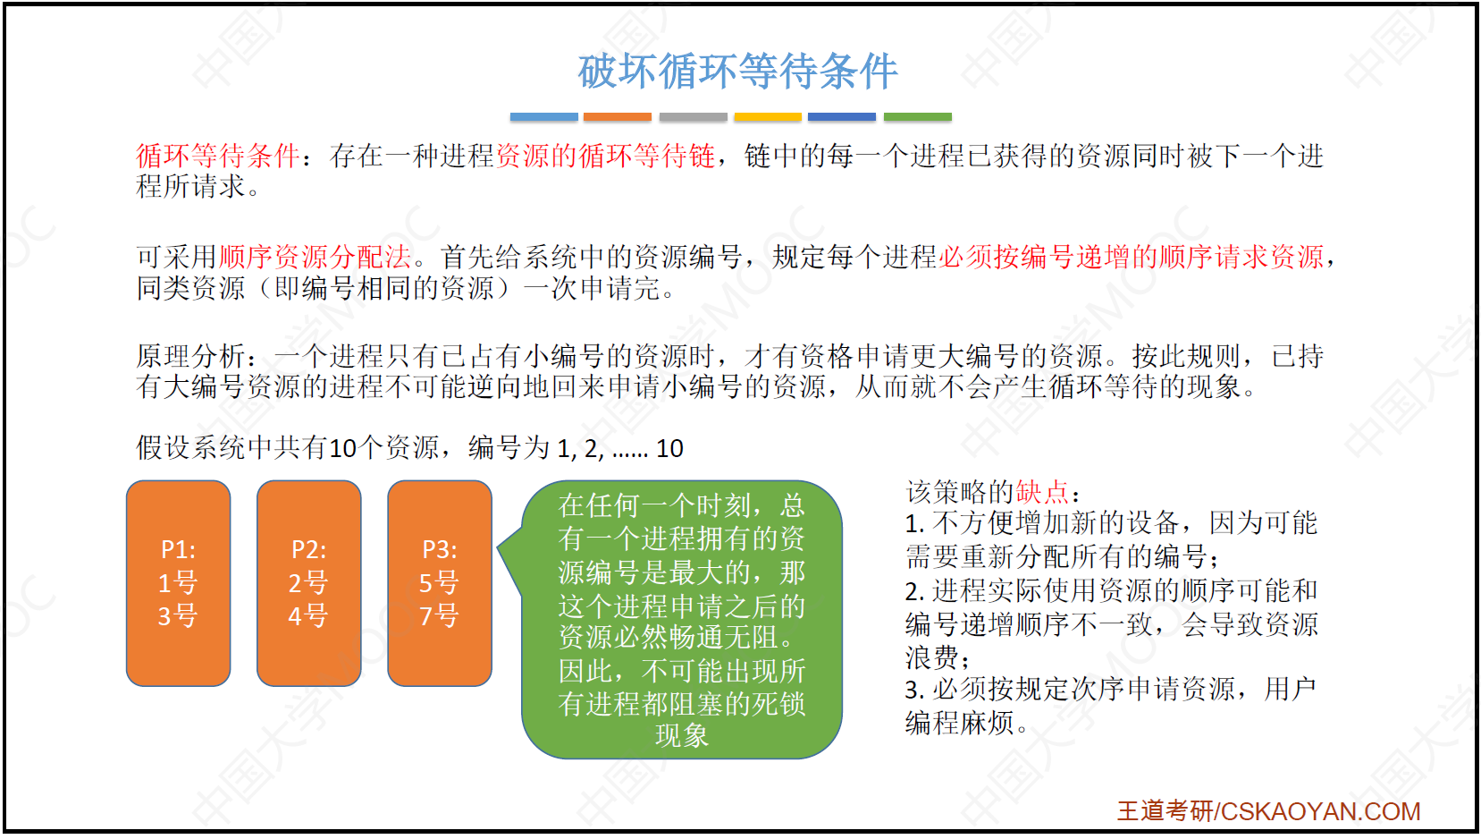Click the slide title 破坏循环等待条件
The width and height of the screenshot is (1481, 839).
[738, 71]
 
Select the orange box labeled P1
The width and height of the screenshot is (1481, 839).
[179, 583]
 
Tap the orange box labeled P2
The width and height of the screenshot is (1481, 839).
[308, 583]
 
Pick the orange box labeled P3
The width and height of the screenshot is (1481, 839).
[440, 583]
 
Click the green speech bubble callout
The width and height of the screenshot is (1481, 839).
[681, 619]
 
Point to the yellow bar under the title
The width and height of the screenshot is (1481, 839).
[768, 117]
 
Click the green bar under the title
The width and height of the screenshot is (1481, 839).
[918, 117]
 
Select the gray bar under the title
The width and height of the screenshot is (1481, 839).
[693, 117]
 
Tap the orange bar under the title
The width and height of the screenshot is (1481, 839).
[618, 117]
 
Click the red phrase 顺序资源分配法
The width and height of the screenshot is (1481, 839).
[315, 257]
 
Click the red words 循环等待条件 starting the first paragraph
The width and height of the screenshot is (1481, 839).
[217, 157]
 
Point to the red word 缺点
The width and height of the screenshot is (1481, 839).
[1042, 492]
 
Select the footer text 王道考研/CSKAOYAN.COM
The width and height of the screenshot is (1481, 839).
[1269, 811]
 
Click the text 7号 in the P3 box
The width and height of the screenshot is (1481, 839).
[440, 616]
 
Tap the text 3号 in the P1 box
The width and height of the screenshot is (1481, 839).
[178, 616]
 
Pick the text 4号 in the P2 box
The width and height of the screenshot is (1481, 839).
[308, 616]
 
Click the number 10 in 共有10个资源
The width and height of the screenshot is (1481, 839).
[342, 449]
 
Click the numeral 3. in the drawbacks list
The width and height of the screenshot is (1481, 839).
[914, 691]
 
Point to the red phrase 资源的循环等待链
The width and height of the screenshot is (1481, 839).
[606, 157]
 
